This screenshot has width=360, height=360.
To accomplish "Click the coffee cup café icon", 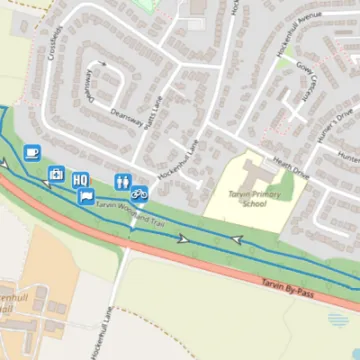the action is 31,152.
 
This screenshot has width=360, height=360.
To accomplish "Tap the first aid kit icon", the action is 56,174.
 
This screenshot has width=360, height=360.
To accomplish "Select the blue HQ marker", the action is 80,179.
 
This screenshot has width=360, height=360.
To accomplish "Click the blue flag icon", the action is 86,196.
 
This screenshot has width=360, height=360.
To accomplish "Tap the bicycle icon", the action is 140,191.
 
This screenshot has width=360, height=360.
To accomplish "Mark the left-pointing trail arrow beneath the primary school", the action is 237,240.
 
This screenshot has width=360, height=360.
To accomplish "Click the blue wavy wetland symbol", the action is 338,321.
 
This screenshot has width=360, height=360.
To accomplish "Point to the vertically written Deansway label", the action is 90,85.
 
